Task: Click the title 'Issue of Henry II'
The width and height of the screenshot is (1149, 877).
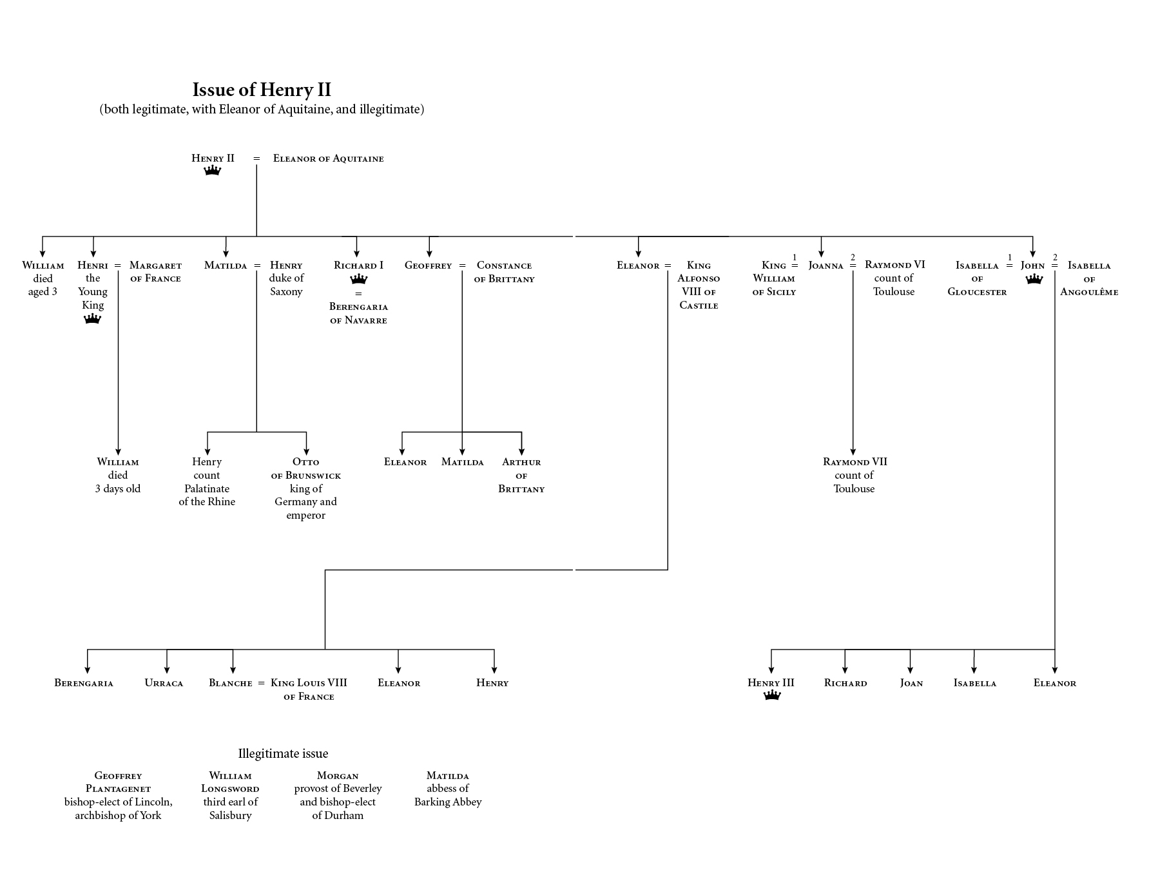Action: click(x=262, y=90)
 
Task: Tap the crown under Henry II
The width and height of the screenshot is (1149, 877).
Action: click(x=213, y=171)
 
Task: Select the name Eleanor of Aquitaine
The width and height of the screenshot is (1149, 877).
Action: click(x=328, y=159)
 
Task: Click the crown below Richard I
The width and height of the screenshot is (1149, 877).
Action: click(x=358, y=279)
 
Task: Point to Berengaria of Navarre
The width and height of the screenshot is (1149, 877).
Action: click(x=358, y=313)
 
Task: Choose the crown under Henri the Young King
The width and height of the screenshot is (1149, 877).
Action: click(x=93, y=319)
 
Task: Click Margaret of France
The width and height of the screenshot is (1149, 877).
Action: click(x=155, y=271)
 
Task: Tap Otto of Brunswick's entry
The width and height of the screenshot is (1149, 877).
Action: click(x=306, y=488)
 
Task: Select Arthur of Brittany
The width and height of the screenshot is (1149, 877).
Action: click(x=521, y=475)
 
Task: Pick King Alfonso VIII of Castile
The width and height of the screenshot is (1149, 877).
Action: click(x=699, y=285)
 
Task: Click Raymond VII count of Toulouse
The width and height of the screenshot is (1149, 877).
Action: click(x=855, y=475)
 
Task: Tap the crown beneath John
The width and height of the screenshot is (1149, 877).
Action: click(x=1034, y=279)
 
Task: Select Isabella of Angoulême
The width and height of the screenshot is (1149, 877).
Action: click(x=1089, y=278)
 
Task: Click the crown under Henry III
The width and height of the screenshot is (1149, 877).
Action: click(x=772, y=695)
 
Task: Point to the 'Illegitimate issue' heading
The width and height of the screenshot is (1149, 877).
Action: click(x=283, y=753)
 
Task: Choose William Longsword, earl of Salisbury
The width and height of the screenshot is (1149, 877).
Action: click(x=230, y=795)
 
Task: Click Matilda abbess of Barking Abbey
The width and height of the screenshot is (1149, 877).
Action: click(x=448, y=789)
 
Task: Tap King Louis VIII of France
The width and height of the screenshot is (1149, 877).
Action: click(x=309, y=689)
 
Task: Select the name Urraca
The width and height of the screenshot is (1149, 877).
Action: click(x=164, y=683)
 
